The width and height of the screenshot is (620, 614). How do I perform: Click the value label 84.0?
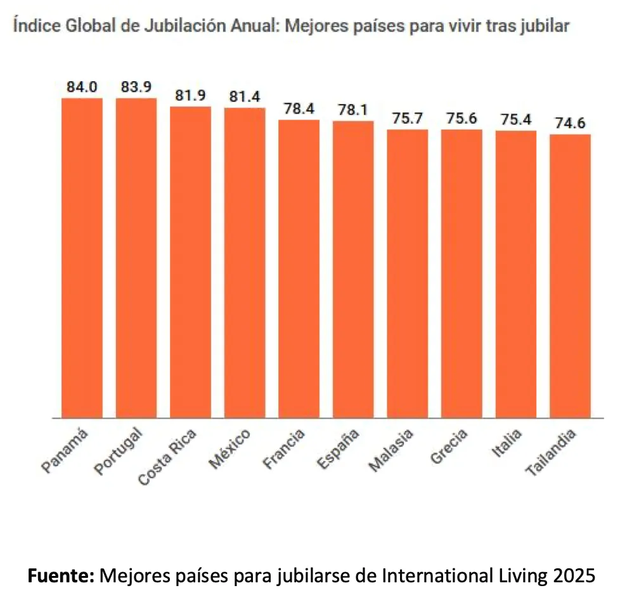click(x=82, y=87)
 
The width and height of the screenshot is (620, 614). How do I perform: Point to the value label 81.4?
click(x=245, y=97)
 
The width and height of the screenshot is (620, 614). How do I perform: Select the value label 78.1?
click(x=353, y=110)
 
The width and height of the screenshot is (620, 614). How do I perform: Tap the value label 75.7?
click(x=408, y=119)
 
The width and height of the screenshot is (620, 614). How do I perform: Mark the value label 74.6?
click(x=570, y=123)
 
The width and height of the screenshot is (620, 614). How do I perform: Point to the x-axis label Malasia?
click(x=392, y=450)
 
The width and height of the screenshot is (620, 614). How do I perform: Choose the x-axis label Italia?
click(x=505, y=444)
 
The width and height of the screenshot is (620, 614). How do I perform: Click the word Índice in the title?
click(x=31, y=27)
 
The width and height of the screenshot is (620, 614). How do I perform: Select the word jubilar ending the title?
click(x=547, y=27)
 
